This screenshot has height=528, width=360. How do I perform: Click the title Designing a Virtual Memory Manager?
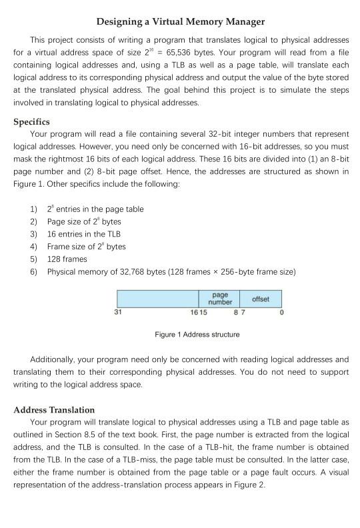point(180,22)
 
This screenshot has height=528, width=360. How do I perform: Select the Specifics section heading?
point(32,122)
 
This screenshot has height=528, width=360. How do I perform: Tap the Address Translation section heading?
point(54,409)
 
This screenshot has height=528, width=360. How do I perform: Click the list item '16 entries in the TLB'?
point(83,234)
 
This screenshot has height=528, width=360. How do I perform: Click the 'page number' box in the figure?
point(219,299)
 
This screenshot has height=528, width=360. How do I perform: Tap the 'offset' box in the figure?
point(261,299)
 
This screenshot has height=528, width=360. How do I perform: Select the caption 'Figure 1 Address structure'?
point(197,334)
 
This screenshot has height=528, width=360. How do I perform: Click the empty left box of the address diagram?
point(157,299)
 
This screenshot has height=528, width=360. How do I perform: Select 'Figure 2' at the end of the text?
point(252,485)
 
